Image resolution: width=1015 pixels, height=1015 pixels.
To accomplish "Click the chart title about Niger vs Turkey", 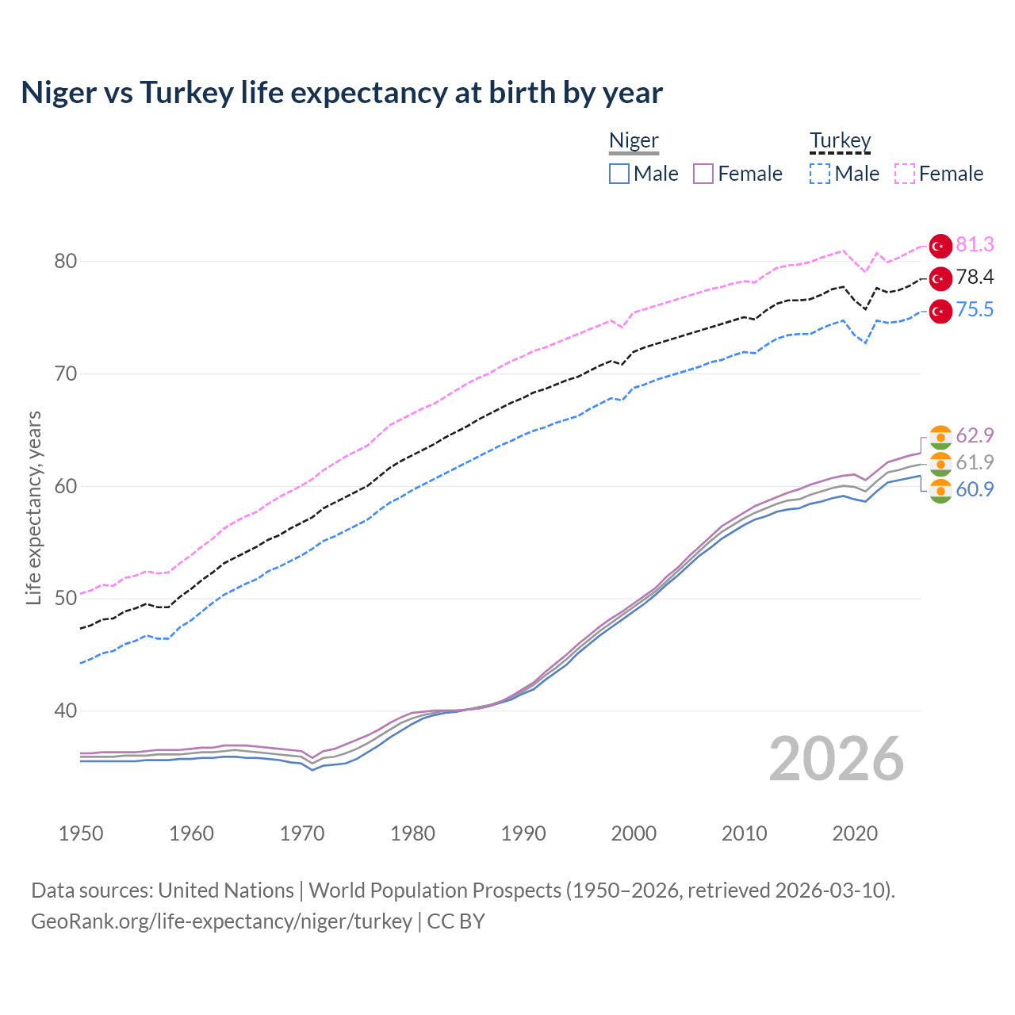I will coord(342,93).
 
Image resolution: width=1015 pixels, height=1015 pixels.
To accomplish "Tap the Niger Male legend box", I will coord(619,174).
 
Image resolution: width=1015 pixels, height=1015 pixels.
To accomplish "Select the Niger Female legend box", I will coord(703,174).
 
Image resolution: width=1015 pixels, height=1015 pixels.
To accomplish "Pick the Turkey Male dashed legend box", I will coord(820,174).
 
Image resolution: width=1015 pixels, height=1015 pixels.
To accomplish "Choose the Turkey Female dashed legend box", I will coord(905,174).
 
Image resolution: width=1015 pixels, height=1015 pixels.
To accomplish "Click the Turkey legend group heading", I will coord(840,140).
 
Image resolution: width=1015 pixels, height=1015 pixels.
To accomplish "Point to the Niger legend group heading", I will coord(634,140).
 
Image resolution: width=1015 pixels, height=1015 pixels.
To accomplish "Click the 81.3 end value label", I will coord(975,245).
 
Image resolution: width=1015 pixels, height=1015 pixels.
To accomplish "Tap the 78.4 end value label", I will coord(975,278).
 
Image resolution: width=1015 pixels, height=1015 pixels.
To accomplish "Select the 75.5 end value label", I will coord(975,310).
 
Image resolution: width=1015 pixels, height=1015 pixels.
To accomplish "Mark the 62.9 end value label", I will coord(975,436).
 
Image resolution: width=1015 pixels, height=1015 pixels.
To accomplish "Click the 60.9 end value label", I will coord(975,490).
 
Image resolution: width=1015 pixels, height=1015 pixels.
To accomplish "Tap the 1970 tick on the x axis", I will coord(302,833).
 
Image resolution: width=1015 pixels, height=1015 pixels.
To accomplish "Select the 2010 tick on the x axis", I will coord(744,833).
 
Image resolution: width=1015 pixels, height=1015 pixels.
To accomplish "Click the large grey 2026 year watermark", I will coord(837,760).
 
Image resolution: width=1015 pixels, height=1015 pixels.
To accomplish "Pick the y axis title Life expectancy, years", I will coord(33,507).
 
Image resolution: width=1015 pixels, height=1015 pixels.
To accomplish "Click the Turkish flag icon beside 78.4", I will coord(940,278).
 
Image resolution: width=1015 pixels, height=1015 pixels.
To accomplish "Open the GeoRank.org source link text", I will coord(221,921).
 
